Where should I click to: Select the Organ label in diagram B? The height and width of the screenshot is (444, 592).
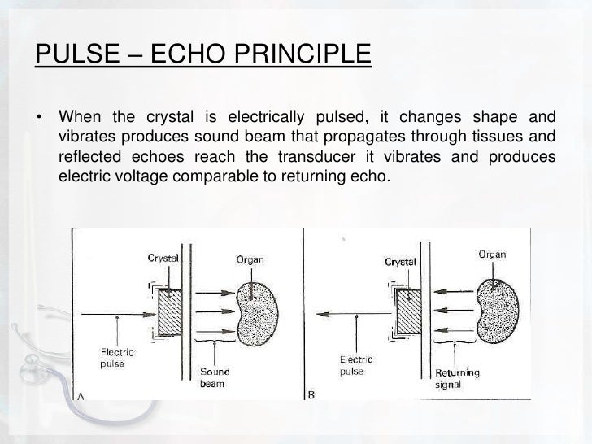pos(490,255)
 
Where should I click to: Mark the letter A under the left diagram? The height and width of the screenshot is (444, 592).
pos(81,396)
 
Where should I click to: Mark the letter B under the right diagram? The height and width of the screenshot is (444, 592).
pos(312,395)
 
